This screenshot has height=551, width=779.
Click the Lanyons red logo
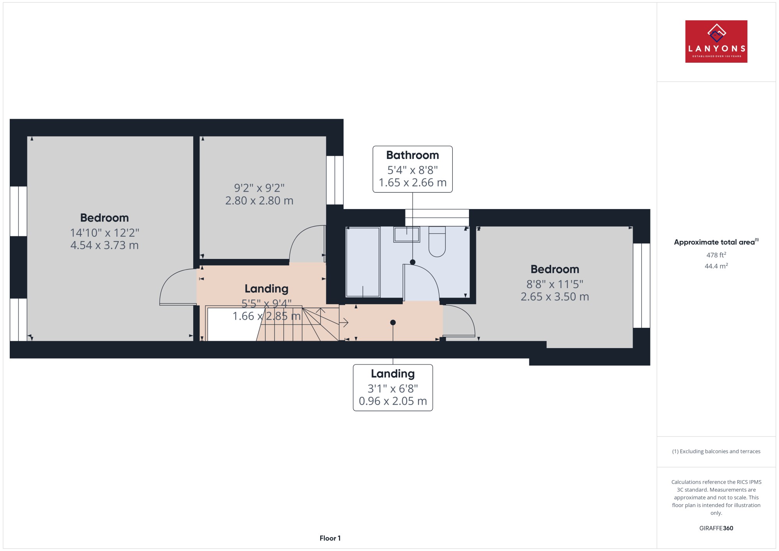click(x=716, y=41)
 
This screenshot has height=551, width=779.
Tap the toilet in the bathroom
click(x=437, y=241)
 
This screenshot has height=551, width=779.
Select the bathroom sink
click(x=406, y=235)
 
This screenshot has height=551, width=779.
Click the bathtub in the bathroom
click(x=363, y=262)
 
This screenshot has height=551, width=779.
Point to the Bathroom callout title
click(x=412, y=155)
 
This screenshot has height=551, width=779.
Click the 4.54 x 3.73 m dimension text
click(x=104, y=245)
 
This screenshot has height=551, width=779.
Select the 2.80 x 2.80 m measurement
click(x=259, y=201)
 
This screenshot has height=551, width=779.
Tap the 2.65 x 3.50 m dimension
click(x=555, y=297)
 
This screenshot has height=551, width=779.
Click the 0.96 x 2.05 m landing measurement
click(x=393, y=401)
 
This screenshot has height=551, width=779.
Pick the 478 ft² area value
click(x=716, y=255)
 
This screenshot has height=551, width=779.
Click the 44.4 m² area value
click(x=716, y=266)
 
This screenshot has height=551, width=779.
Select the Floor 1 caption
click(x=330, y=538)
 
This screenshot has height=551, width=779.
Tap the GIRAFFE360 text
click(x=716, y=528)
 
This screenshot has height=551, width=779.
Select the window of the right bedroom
click(x=642, y=285)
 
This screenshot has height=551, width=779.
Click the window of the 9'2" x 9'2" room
click(x=335, y=180)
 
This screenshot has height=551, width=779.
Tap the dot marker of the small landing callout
click(x=393, y=322)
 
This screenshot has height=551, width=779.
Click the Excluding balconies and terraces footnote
click(x=716, y=451)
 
